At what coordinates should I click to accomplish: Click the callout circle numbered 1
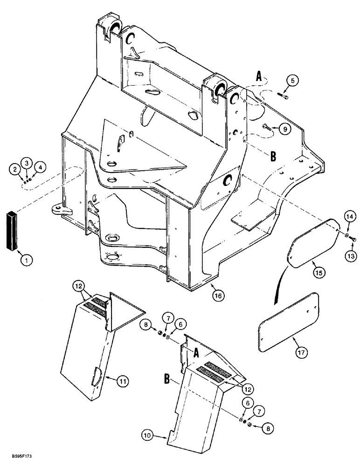26,261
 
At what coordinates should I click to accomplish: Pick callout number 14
349,215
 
